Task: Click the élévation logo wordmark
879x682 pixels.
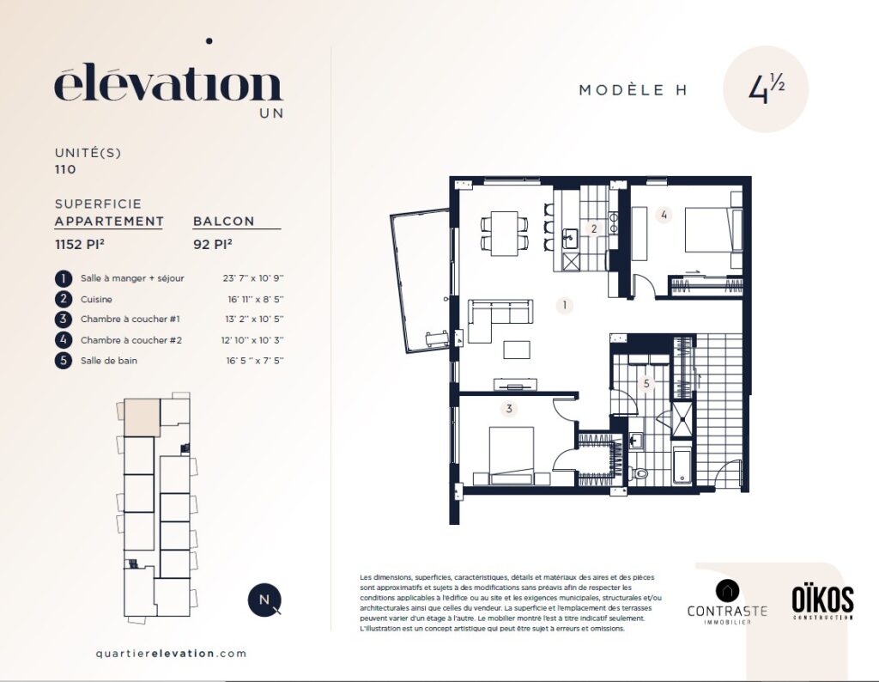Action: click(168, 85)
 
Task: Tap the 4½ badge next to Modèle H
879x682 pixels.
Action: click(766, 89)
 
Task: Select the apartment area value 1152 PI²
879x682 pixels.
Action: click(80, 245)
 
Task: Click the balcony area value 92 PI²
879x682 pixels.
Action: click(213, 245)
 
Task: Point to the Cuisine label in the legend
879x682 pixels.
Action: click(96, 300)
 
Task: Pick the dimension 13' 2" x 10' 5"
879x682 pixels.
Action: click(254, 320)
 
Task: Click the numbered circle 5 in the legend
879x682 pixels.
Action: click(64, 360)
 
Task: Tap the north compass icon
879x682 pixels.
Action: click(264, 600)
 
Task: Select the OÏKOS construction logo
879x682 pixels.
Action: click(822, 602)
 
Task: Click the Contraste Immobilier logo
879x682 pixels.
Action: click(727, 602)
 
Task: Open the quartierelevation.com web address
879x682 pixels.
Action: click(171, 654)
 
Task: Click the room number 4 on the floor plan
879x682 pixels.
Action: click(664, 215)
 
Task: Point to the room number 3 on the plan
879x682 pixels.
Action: click(509, 409)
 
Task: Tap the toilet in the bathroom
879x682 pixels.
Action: click(639, 473)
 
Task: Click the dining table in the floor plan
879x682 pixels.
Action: click(504, 234)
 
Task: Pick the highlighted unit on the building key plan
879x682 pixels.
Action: click(142, 417)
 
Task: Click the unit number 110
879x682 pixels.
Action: click(65, 169)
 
